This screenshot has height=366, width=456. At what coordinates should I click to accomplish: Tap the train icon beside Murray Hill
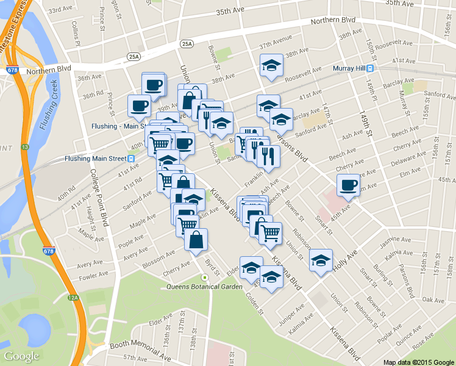pyautogui.click(x=370, y=68)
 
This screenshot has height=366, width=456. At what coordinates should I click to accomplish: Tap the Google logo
pyautogui.click(x=21, y=356)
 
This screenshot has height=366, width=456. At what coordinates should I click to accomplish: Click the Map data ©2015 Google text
pyautogui.click(x=419, y=362)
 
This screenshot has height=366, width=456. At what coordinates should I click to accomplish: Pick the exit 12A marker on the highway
pyautogui.click(x=74, y=298)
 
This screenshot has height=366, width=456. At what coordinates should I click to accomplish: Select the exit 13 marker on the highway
pyautogui.click(x=24, y=147)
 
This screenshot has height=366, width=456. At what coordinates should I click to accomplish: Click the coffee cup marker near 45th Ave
pyautogui.click(x=348, y=185)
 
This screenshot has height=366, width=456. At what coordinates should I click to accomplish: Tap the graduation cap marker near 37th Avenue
pyautogui.click(x=271, y=66)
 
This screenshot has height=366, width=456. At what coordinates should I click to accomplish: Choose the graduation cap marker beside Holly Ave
pyautogui.click(x=321, y=260)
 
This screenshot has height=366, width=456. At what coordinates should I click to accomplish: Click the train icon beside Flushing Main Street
pyautogui.click(x=132, y=159)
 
